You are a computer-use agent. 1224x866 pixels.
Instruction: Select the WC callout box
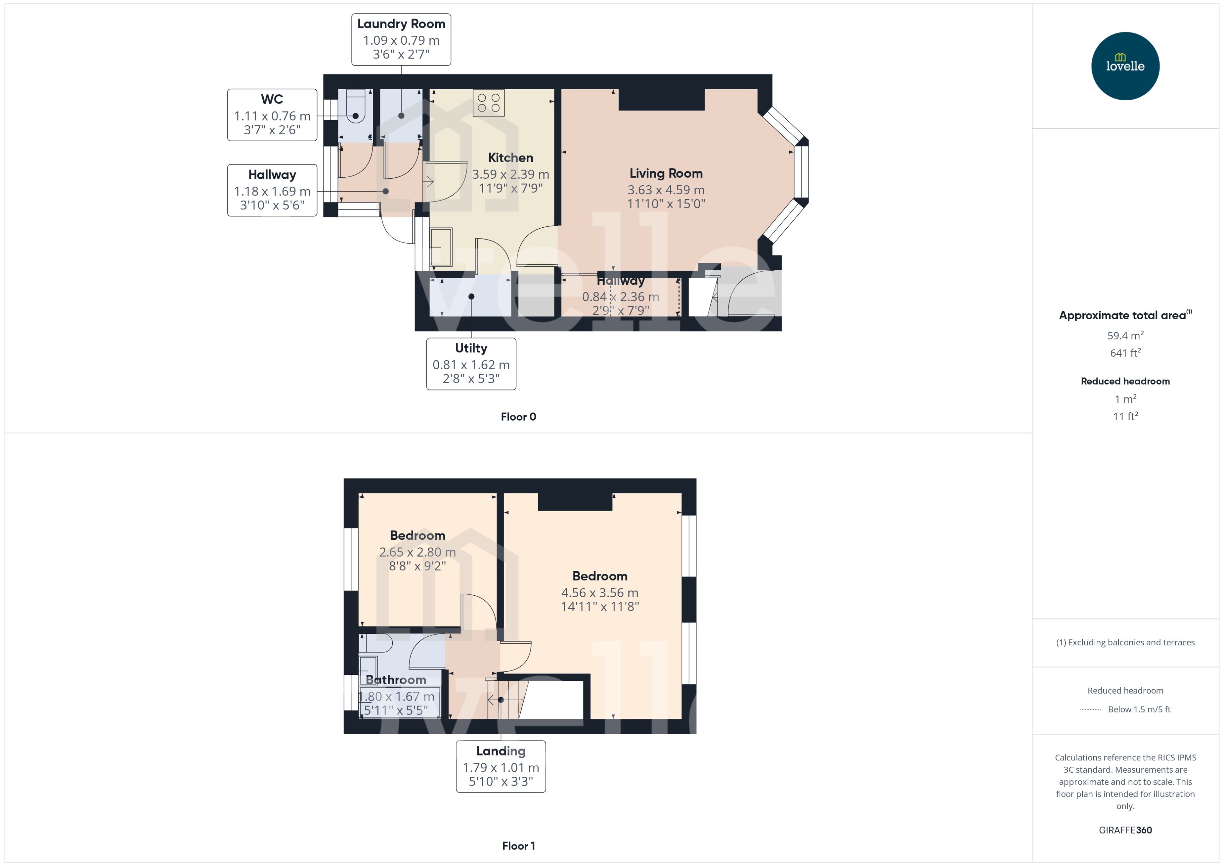(x=272, y=115)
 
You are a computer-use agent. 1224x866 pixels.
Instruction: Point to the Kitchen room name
(x=510, y=158)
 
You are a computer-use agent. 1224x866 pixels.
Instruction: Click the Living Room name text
(x=666, y=173)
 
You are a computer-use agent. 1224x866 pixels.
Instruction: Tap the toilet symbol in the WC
(x=355, y=107)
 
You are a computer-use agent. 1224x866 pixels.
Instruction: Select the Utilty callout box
(x=471, y=364)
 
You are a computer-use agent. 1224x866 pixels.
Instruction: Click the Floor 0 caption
(x=518, y=417)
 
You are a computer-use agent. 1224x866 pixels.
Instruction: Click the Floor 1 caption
(x=518, y=846)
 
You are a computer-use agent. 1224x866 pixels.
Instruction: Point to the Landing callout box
(x=500, y=766)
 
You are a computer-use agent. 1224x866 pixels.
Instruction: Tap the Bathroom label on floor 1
(x=396, y=680)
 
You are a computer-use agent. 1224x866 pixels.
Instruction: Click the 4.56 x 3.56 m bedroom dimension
(x=599, y=593)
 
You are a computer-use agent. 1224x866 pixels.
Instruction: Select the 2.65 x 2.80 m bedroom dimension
(x=417, y=552)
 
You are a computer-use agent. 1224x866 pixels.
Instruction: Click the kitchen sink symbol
(x=441, y=247)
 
